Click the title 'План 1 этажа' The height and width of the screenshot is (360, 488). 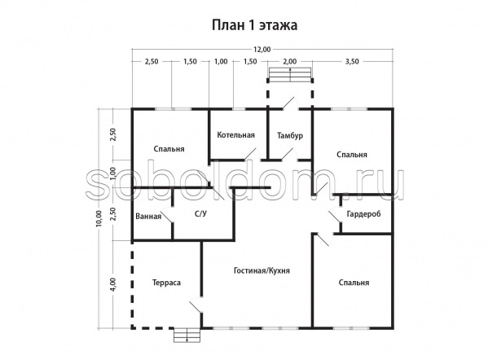[x=254, y=25]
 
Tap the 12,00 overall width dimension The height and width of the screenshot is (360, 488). [x=262, y=49]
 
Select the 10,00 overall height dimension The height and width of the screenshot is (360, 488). [x=99, y=219]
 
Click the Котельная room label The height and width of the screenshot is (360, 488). [x=236, y=135]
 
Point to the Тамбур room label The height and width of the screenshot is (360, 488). [x=290, y=136]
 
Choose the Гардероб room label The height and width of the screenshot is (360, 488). [x=363, y=214]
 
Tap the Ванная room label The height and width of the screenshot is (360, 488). [x=148, y=216]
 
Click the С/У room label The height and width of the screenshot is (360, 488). [x=200, y=213]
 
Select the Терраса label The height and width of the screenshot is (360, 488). [x=166, y=283]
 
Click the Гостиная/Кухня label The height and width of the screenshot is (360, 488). [x=262, y=270]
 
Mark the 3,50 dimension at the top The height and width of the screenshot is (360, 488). [x=352, y=62]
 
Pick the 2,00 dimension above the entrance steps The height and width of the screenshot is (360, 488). [x=290, y=62]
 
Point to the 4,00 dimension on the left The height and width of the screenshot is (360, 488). [x=112, y=284]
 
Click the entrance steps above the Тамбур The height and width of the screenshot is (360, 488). [x=290, y=75]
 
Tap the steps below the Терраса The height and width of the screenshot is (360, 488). [x=187, y=335]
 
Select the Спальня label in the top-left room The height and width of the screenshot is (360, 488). [x=169, y=149]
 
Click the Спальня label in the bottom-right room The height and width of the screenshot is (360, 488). [x=354, y=283]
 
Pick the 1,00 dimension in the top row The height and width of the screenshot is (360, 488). [x=221, y=62]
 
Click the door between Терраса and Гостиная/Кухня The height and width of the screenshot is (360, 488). [x=196, y=305]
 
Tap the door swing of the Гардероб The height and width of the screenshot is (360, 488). [x=336, y=216]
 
